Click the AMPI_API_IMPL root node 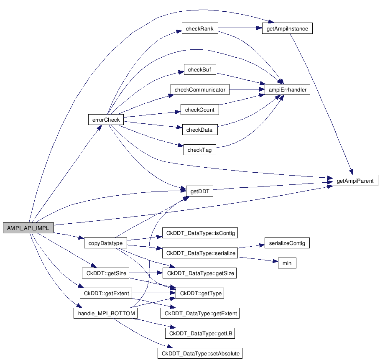pos(28,228)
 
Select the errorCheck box pos(106,120)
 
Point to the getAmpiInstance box pos(287,29)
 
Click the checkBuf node pos(200,70)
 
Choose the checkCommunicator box pos(200,90)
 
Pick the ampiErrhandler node pos(287,90)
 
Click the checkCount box pos(200,110)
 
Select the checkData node pos(199,130)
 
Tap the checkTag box pos(199,150)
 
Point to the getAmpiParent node pos(355,181)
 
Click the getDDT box pos(199,191)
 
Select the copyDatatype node pos(103,243)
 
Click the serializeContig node pos(287,243)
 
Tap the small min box pos(287,263)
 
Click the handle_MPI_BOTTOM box pos(105,313)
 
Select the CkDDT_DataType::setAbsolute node pos(200,353)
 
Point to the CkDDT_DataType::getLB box pos(199,333)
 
